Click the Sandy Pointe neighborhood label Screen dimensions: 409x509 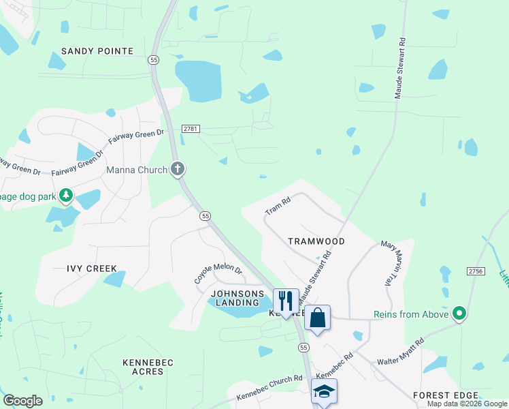point(97,51)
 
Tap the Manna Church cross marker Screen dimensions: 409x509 point(178,168)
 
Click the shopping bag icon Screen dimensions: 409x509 point(317,317)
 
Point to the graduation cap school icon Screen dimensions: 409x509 point(324,391)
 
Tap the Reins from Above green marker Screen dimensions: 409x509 point(459,314)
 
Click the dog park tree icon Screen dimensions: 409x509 point(66,196)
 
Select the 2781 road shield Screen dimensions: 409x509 point(190,128)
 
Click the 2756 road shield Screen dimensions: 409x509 point(476,271)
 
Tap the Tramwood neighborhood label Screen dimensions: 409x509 point(316,241)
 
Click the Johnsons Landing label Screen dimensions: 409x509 point(237,298)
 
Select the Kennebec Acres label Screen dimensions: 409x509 point(143,367)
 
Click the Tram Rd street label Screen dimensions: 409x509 point(278,206)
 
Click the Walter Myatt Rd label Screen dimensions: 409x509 point(401,350)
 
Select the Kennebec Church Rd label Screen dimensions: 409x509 point(269,388)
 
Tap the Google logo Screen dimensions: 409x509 point(22,401)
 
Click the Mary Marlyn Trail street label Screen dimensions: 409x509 point(388,262)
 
